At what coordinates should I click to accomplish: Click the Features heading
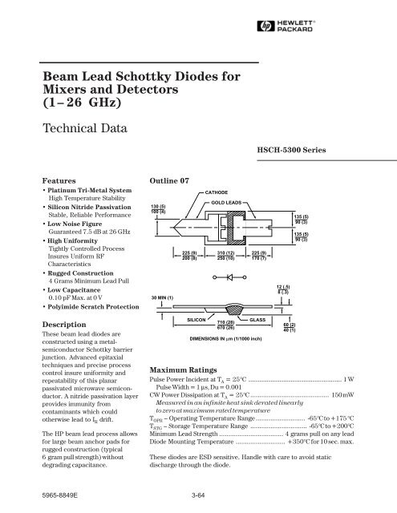(60, 181)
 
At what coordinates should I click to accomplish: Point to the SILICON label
(198, 318)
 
